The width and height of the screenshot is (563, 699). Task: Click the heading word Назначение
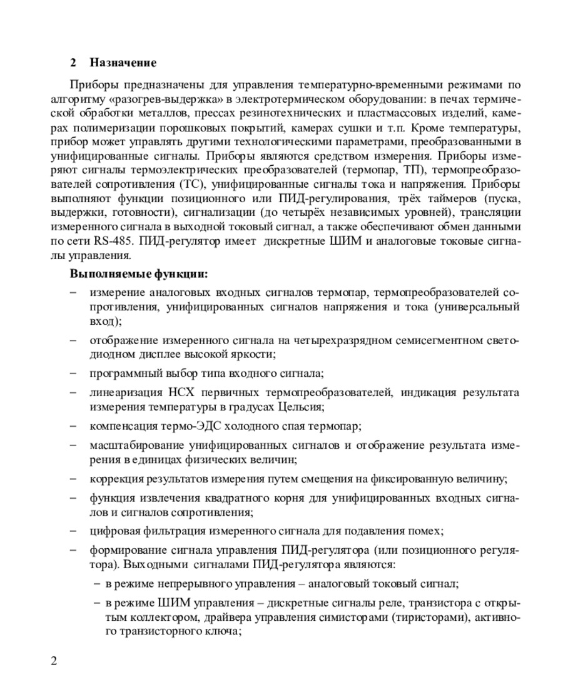click(123, 63)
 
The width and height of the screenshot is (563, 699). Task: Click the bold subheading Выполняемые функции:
click(139, 274)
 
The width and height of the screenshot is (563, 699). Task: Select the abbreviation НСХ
click(181, 393)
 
